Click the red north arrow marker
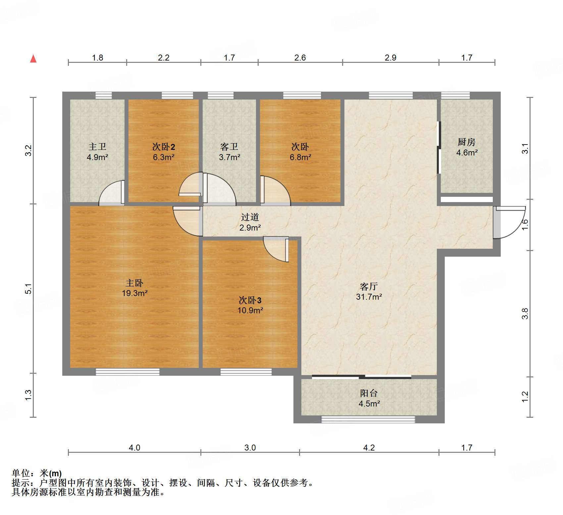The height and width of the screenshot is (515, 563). [33, 59]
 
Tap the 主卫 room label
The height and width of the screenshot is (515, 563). [97, 147]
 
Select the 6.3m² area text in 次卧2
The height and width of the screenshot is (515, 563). [164, 157]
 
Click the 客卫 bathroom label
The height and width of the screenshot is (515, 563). [229, 147]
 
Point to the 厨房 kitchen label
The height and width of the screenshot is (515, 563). [467, 142]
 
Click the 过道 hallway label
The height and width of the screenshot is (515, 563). [250, 217]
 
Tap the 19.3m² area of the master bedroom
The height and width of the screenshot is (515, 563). [134, 293]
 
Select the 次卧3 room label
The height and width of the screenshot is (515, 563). [250, 300]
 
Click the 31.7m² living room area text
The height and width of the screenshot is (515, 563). [369, 297]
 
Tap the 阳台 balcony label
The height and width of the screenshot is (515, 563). [369, 393]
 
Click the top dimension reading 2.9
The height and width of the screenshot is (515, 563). [390, 58]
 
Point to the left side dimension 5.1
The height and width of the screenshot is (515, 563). [29, 289]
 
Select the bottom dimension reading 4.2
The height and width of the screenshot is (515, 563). [369, 448]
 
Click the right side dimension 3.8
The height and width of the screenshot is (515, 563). [525, 313]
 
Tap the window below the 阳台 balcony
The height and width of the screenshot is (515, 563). [368, 420]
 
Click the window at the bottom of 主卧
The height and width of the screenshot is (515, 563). [128, 372]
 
